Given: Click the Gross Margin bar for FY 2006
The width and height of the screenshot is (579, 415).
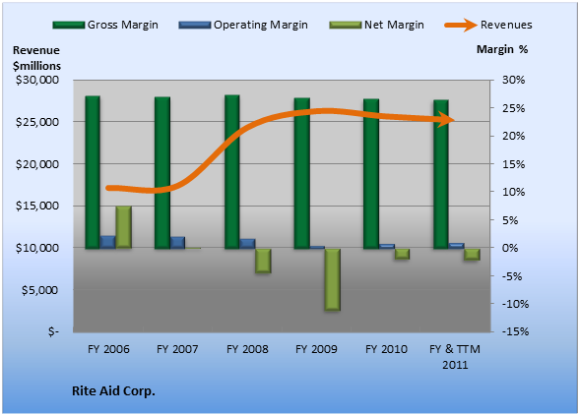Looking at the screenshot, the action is pos(93,172).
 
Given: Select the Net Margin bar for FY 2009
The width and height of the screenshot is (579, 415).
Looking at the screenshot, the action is pos(333,279).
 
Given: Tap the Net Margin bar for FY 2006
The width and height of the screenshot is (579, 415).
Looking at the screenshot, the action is pos(124,227).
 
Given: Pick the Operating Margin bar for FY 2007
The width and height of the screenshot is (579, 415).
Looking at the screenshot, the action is pos(177,242).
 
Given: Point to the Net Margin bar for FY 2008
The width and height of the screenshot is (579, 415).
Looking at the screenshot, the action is pos(263,261).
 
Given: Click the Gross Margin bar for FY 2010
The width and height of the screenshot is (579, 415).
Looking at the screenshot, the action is pos(371,173).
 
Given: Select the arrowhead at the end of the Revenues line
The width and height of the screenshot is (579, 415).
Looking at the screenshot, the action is pos(447,120).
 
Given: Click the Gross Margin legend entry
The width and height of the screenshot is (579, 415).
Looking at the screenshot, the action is pos(105,25).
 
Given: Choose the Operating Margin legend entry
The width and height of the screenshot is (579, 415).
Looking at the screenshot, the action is pos(243,25).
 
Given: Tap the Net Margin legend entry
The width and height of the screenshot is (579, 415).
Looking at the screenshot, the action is pos(376,25).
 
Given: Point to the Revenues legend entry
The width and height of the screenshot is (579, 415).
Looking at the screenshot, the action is pos(488,25).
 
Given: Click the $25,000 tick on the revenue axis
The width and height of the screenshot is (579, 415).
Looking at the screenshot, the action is pos(37,122).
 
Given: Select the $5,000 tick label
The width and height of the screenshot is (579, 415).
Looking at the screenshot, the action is pos(40,290).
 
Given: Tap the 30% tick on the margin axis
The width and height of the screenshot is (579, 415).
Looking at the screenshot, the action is pos(514,80).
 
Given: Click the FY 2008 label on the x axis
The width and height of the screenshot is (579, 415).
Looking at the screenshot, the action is pos(247,349).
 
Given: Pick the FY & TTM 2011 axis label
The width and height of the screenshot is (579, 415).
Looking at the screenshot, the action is pos(455,357).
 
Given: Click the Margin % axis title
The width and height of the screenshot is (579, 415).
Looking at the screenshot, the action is pos(502,49).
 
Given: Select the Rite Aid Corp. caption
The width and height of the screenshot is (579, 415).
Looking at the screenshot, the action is pos(113,391).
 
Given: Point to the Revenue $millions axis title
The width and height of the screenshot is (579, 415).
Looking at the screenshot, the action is pos(36,58).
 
